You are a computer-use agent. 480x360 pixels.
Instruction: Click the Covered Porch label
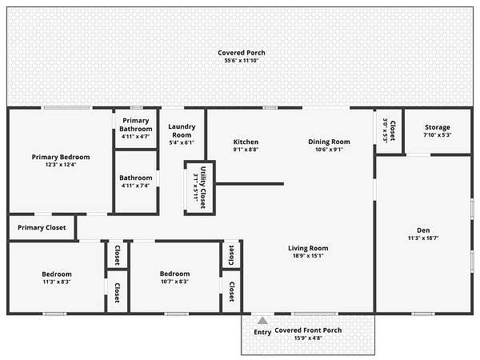242,53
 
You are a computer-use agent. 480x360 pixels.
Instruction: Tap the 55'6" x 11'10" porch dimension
242,61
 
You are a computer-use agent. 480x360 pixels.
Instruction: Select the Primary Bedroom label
61,157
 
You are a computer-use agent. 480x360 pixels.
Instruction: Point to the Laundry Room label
182,130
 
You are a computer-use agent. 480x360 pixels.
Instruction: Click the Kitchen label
246,142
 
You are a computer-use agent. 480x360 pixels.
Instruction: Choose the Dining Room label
329,142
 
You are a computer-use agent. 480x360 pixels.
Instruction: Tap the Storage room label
438,127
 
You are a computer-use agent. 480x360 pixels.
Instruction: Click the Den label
423,230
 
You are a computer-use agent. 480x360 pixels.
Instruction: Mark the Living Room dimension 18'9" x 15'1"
308,256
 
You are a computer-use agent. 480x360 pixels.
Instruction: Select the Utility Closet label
203,188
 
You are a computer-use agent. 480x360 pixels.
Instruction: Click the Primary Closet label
42,227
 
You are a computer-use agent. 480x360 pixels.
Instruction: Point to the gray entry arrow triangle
262,321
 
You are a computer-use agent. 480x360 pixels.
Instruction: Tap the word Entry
262,332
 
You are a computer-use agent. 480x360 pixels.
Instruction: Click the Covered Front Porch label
308,330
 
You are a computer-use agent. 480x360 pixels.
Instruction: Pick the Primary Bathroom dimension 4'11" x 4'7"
136,137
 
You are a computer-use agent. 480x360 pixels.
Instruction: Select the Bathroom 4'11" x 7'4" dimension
136,186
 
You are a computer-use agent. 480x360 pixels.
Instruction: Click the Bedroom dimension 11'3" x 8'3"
57,282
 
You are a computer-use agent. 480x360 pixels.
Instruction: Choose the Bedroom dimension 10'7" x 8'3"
174,282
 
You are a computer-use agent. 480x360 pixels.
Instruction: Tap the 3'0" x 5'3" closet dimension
385,130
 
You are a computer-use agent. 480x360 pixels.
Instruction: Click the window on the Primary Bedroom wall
66,108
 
